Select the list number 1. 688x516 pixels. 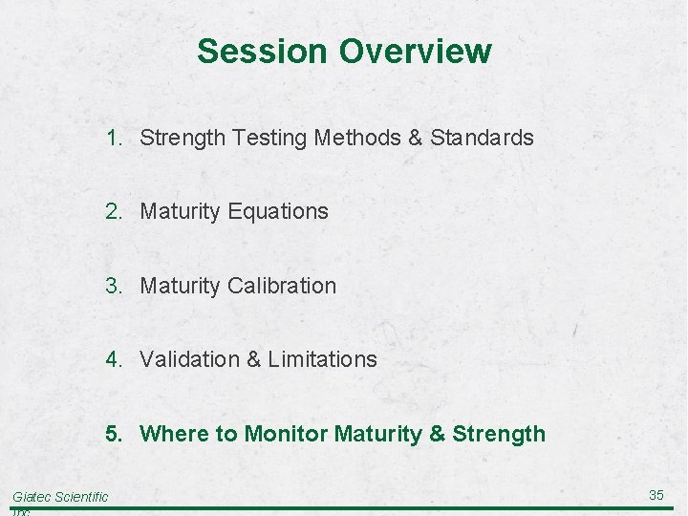point(114,138)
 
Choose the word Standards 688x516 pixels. point(482,138)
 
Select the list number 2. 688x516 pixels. point(114,211)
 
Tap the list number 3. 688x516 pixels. point(114,286)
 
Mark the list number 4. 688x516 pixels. point(114,359)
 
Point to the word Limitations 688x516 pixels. point(322,359)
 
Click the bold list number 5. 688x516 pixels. point(114,434)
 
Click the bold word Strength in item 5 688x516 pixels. point(498,434)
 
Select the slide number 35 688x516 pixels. point(656,495)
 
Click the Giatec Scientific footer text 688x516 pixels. point(60,496)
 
